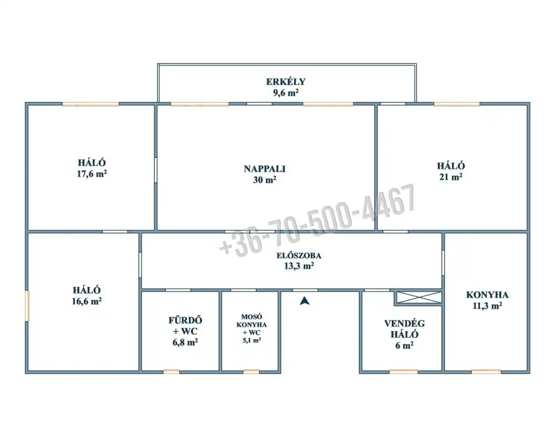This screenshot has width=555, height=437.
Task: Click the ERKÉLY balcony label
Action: tap(286, 82)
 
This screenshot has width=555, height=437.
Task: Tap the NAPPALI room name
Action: tap(264, 169)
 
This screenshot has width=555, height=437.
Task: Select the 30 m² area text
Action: tap(264, 179)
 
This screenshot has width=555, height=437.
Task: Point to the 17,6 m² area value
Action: tap(92, 174)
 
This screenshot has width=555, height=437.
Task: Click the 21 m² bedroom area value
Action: tap(451, 177)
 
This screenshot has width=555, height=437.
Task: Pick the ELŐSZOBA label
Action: tap(299, 255)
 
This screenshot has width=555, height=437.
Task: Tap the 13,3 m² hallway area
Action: tap(299, 265)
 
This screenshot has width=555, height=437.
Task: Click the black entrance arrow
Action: tap(305, 301)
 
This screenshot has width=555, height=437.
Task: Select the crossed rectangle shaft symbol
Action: tap(418, 298)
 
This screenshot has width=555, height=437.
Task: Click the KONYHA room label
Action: tap(487, 295)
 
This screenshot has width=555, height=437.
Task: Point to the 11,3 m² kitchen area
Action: tap(487, 305)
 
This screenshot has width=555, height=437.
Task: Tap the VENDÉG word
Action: tap(404, 323)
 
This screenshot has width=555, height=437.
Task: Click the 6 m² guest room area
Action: tap(404, 345)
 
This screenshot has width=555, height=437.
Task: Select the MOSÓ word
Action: tap(251, 317)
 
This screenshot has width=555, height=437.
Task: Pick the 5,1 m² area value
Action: tap(251, 340)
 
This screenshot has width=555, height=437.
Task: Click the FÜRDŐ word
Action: tap(185, 320)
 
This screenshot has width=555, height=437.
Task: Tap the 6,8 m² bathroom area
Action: tap(185, 342)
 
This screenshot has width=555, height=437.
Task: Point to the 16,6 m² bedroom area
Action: tap(87, 301)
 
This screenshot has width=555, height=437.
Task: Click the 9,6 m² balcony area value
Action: tap(286, 93)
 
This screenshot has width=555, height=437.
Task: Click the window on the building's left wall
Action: tap(27, 306)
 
